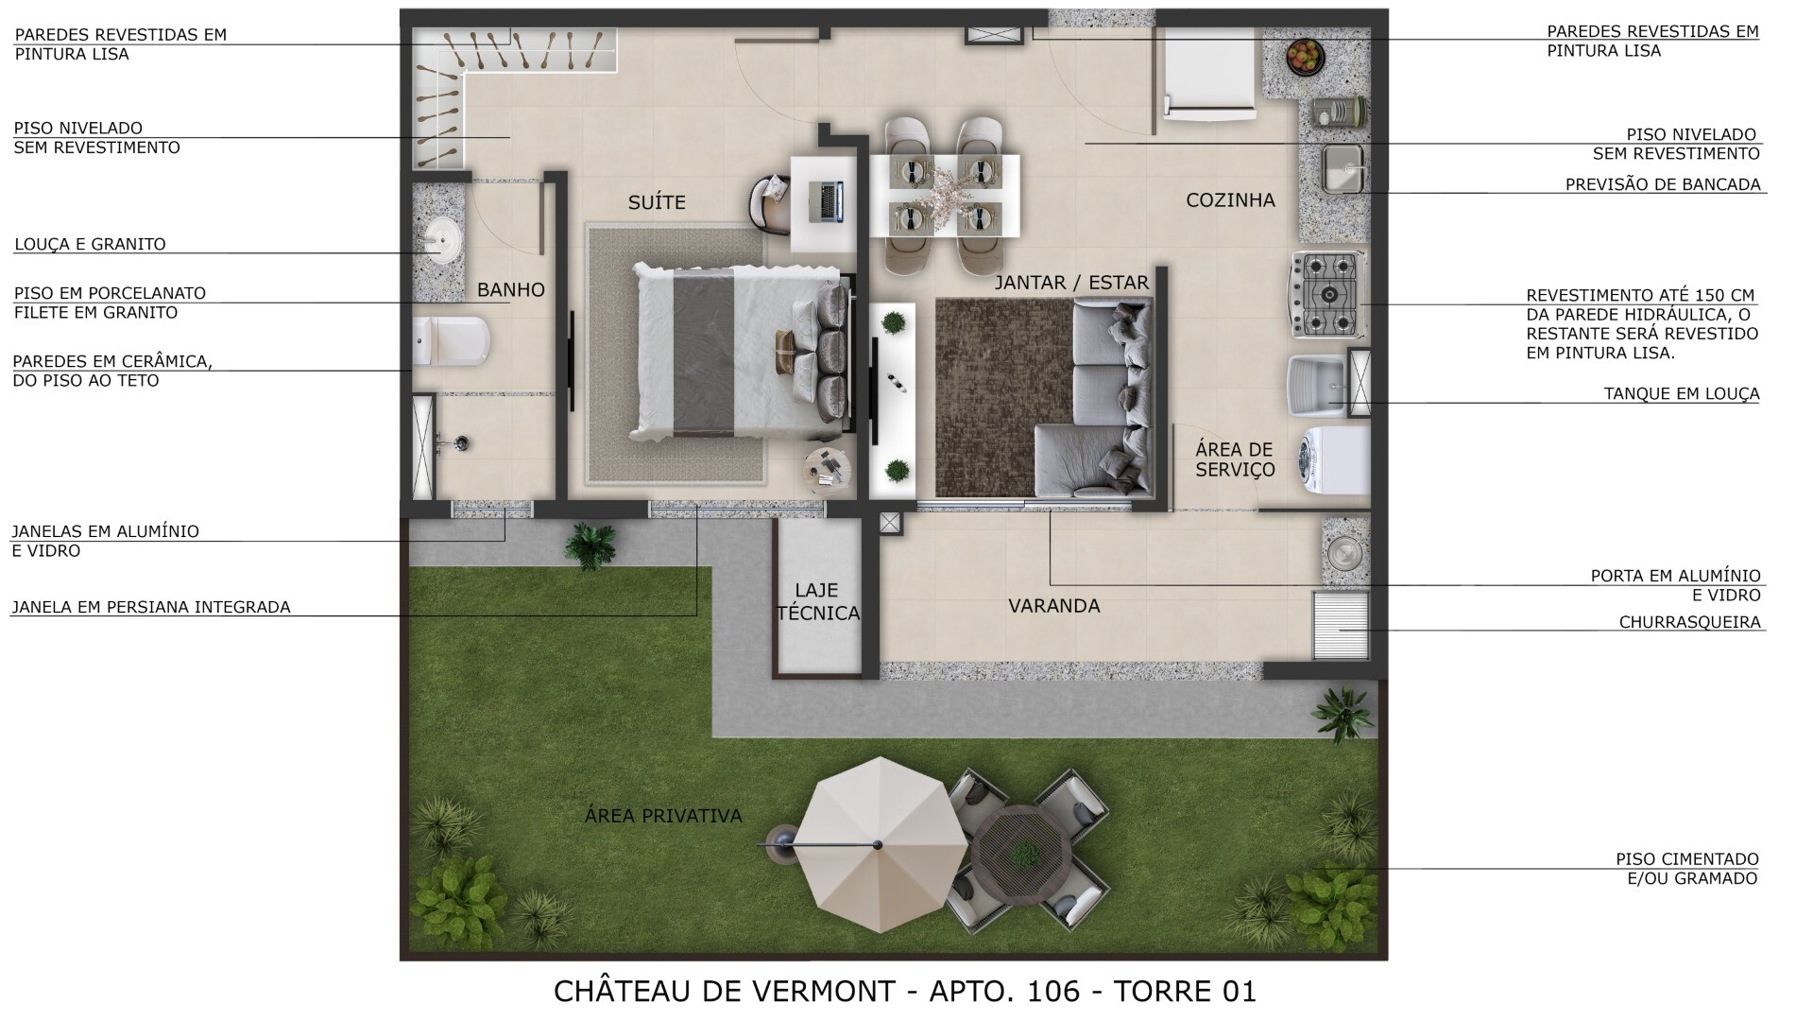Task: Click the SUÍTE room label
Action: (x=657, y=202)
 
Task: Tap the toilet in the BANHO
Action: (x=453, y=341)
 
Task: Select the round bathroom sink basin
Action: (x=440, y=238)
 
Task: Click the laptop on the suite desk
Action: (x=829, y=201)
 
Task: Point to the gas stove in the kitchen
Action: (x=1326, y=294)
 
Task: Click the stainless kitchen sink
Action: (x=1342, y=168)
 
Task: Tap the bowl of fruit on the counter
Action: (x=1306, y=56)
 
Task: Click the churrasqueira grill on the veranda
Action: (x=1341, y=625)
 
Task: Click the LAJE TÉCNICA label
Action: (x=818, y=602)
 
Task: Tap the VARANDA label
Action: (x=1053, y=606)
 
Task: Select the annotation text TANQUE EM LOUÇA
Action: (x=1681, y=394)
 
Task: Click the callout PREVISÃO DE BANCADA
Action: (x=1663, y=185)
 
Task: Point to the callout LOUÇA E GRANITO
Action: (x=90, y=244)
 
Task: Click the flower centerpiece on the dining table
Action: (x=945, y=196)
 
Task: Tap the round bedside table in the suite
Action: (x=827, y=467)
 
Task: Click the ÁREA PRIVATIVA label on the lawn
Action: (x=663, y=816)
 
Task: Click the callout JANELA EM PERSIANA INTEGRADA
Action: (x=150, y=608)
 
